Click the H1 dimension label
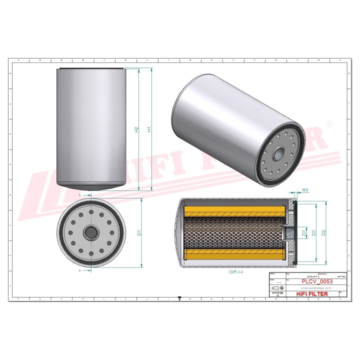[149, 129]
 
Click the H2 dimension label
[136, 129]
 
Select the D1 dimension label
[139, 232]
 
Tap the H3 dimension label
[305, 190]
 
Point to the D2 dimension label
[324, 232]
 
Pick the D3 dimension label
[313, 232]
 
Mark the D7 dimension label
[303, 232]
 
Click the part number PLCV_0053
[317, 281]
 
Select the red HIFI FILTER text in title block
[312, 294]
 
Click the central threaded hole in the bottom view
[91, 232]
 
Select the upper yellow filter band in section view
[235, 211]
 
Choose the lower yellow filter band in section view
[235, 255]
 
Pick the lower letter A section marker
[80, 270]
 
